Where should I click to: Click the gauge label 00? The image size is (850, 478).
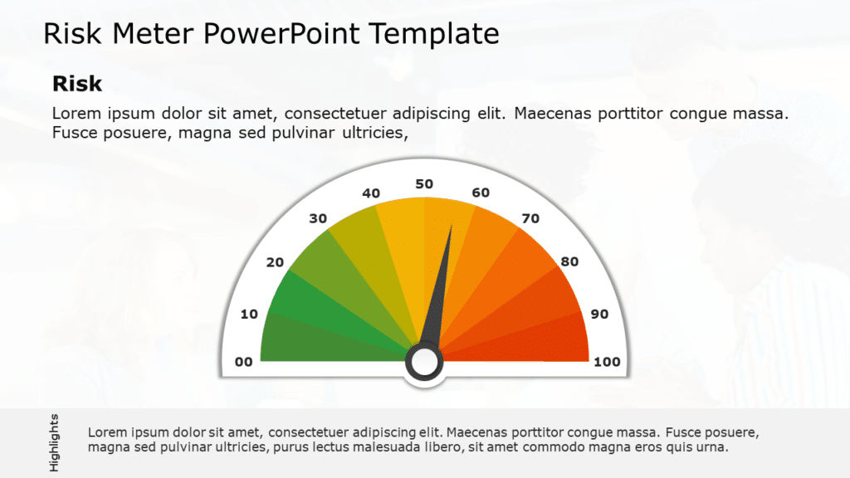pos(243,362)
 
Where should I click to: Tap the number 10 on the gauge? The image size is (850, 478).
pos(249,314)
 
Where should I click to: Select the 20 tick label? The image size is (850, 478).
pos(275,262)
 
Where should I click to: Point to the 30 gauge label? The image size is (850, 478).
pos(318,219)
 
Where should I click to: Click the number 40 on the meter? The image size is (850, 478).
pos(371,193)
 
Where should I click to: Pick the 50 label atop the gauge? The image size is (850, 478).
pos(424,183)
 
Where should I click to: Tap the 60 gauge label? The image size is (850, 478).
pos(481,193)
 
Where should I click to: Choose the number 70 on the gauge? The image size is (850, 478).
pos(530,219)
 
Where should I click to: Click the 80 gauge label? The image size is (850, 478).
pos(569,262)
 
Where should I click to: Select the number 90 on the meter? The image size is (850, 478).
pos(598,314)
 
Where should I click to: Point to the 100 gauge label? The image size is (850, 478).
pos(607,362)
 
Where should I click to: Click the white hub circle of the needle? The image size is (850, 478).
pos(424,362)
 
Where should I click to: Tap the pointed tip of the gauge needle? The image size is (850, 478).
pos(452,226)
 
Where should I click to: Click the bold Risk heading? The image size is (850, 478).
pos(77,84)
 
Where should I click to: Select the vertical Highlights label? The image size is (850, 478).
pos(54,442)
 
